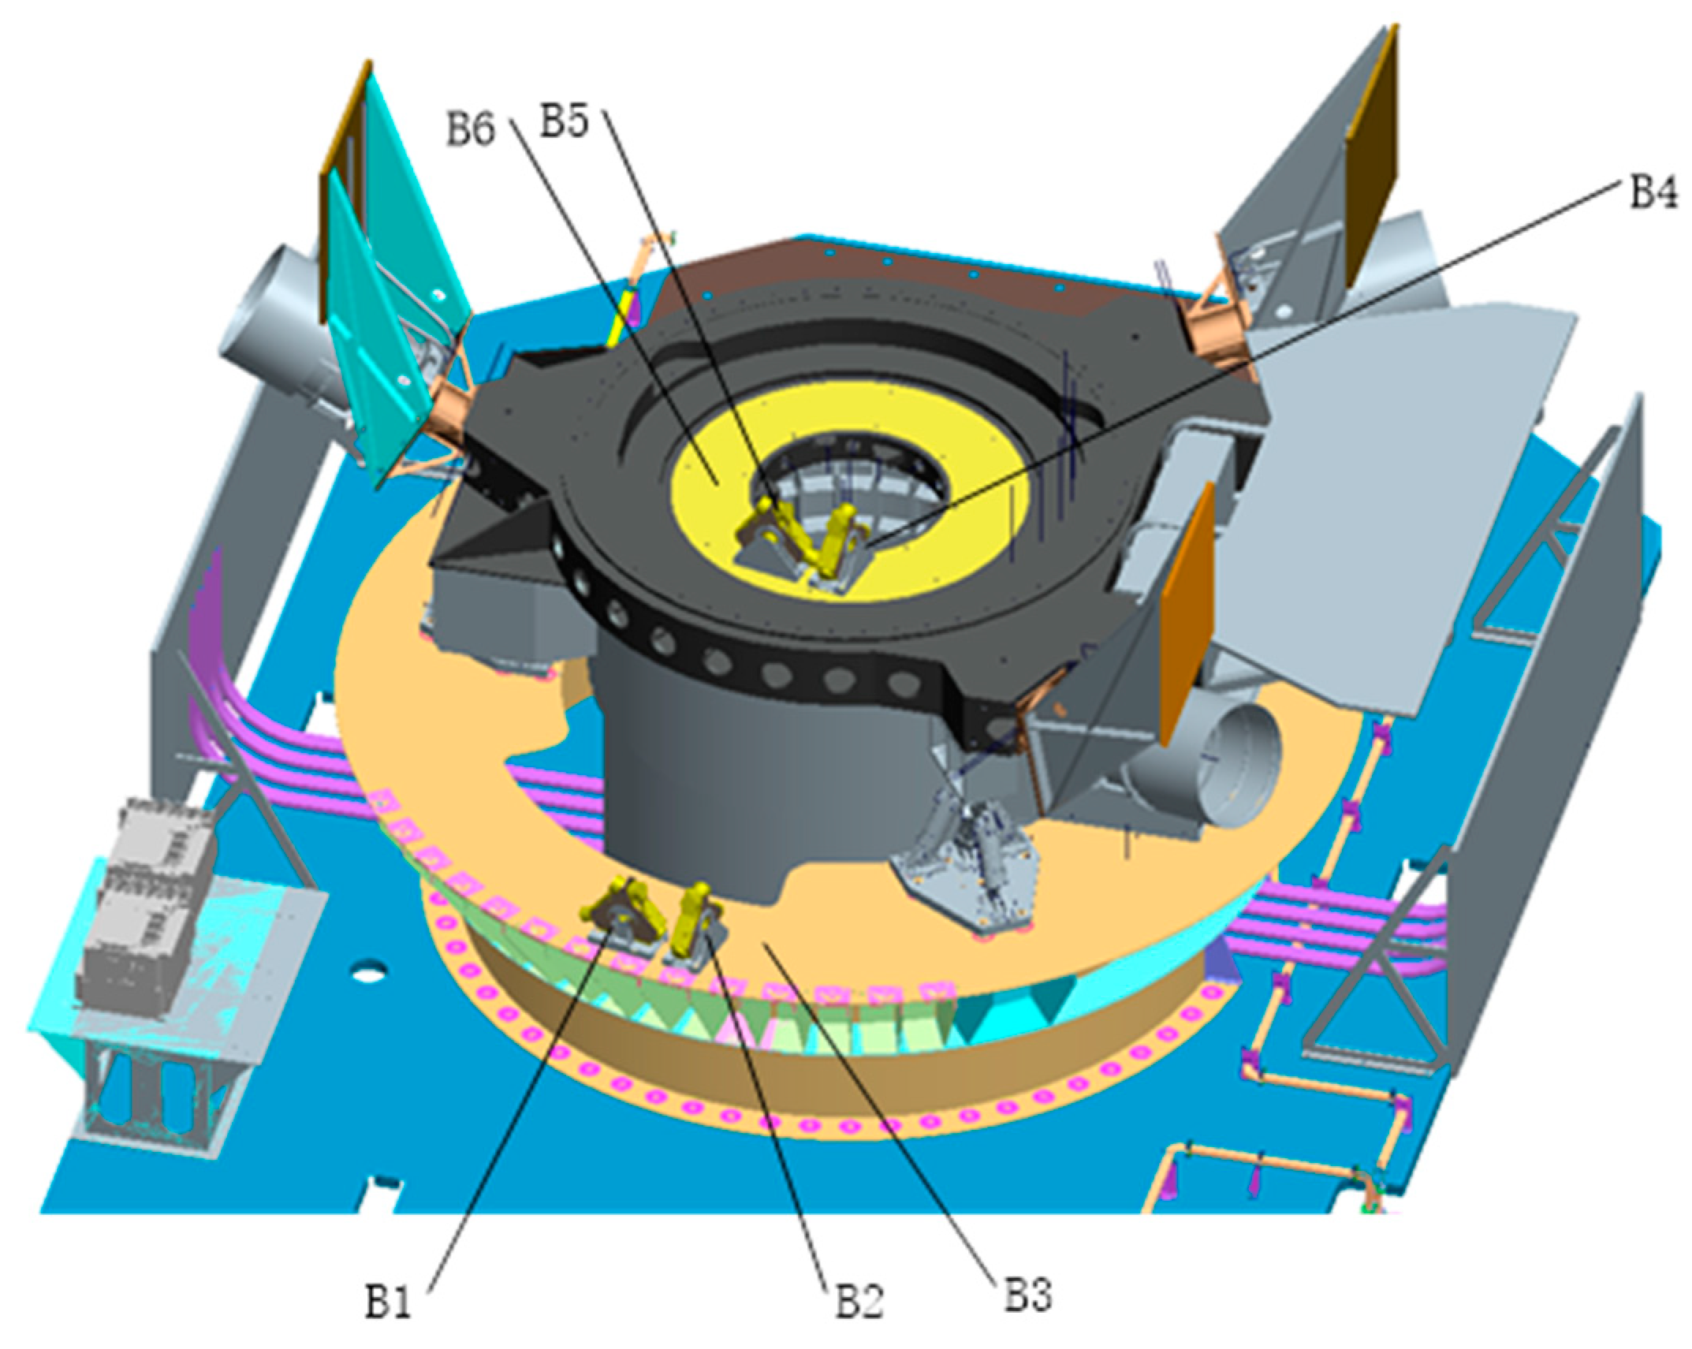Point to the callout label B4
coord(1652,192)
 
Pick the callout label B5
coord(564,122)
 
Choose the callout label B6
coord(471,129)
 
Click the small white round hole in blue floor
coord(363,975)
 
